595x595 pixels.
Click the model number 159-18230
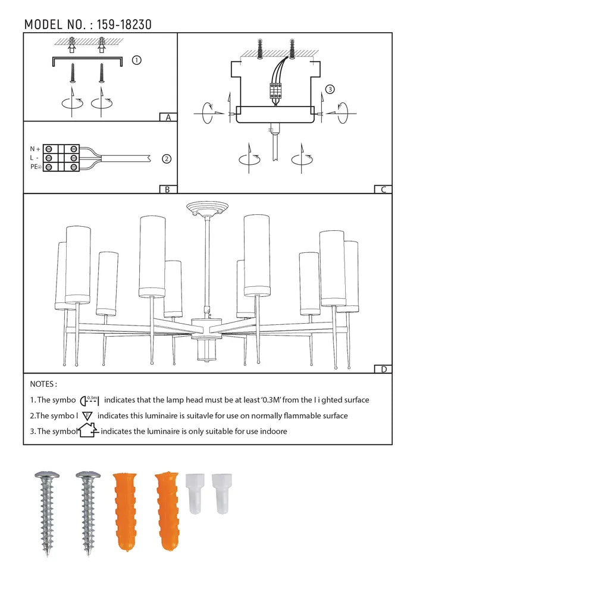[x=121, y=24]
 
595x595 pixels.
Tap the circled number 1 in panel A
[x=136, y=60]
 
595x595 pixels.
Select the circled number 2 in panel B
[x=167, y=159]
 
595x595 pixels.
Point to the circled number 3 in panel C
[x=330, y=90]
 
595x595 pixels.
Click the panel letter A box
[x=168, y=117]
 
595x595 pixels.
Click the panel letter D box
[x=384, y=369]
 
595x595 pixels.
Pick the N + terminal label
[x=36, y=149]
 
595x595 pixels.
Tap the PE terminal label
[x=36, y=168]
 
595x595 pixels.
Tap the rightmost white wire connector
[x=221, y=493]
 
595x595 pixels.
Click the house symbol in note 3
[x=87, y=430]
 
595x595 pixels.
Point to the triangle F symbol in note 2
[x=87, y=416]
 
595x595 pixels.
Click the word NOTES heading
[x=43, y=384]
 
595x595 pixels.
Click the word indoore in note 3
[x=271, y=431]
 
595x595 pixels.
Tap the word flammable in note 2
[x=284, y=416]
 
